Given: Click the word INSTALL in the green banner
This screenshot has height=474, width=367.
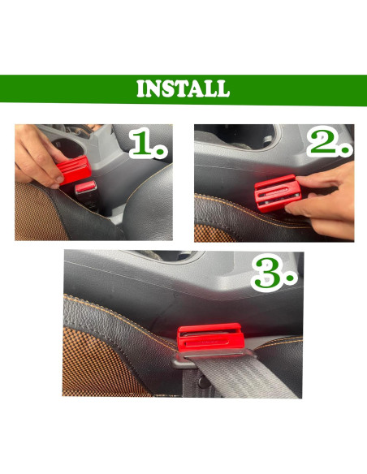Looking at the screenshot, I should point(183,88).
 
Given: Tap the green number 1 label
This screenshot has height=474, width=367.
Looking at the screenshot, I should point(144,145).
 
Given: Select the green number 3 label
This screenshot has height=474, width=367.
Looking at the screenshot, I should point(267,274).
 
